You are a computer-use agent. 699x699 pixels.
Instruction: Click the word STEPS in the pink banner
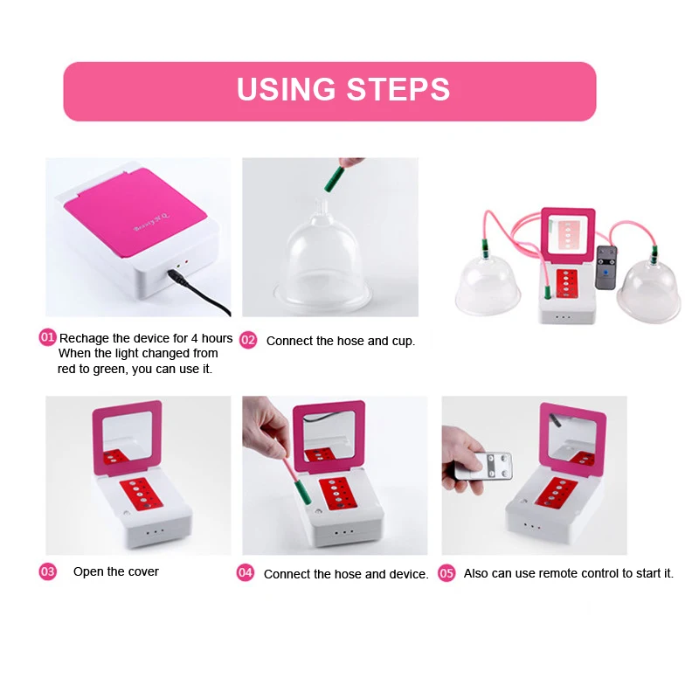398,89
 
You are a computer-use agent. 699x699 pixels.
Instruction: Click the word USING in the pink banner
286,89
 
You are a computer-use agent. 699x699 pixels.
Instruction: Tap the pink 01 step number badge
47,337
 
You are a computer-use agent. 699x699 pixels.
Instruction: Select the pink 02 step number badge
248,340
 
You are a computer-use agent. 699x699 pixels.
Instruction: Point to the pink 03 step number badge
48,571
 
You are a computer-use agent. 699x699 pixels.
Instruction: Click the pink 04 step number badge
246,573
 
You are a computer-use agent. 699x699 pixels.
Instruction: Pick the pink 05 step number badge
446,573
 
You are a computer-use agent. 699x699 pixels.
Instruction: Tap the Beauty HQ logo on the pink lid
151,223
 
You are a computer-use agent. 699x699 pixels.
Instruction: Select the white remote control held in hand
483,466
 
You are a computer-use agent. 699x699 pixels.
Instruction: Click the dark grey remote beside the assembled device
606,267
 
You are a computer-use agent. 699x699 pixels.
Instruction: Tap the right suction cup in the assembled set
650,289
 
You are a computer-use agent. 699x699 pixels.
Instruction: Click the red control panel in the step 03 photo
141,494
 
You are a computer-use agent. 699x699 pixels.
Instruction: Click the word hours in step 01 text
217,338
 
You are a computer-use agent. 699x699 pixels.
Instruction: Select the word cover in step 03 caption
143,572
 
